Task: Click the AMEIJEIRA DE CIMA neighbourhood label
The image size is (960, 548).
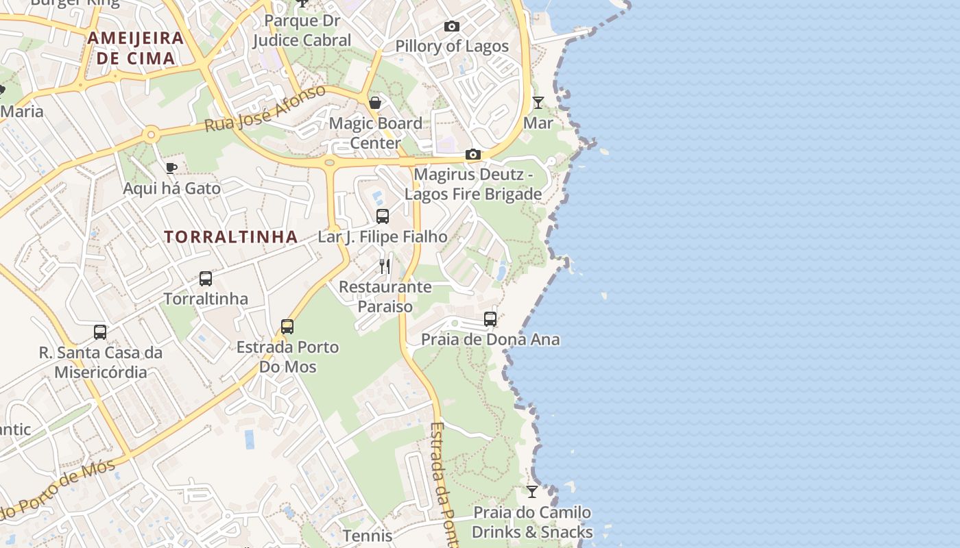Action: pyautogui.click(x=135, y=48)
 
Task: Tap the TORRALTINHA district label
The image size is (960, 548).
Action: pyautogui.click(x=230, y=237)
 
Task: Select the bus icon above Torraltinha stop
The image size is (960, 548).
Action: pyautogui.click(x=206, y=279)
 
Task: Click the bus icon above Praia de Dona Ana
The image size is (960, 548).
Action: pyautogui.click(x=490, y=319)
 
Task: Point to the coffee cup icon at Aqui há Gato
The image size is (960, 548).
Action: pyautogui.click(x=171, y=168)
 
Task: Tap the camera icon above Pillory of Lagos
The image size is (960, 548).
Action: pyautogui.click(x=452, y=27)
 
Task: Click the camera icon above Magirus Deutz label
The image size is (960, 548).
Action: pyautogui.click(x=472, y=155)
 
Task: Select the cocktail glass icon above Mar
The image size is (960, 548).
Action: pyautogui.click(x=538, y=103)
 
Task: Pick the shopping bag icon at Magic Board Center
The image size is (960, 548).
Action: pyautogui.click(x=375, y=103)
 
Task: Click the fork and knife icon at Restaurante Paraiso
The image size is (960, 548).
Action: pyautogui.click(x=385, y=266)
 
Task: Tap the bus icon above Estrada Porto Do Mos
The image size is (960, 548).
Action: pyautogui.click(x=287, y=327)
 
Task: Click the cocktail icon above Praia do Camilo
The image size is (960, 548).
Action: pyautogui.click(x=532, y=492)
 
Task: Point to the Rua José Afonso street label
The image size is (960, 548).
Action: pyautogui.click(x=265, y=110)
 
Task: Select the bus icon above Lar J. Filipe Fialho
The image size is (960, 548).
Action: pyautogui.click(x=383, y=216)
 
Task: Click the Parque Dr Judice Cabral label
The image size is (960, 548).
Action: pyautogui.click(x=302, y=31)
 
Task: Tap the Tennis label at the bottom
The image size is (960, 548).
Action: pyautogui.click(x=368, y=536)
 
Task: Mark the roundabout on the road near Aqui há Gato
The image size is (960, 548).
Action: pyautogui.click(x=151, y=134)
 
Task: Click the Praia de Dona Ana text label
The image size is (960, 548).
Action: pyautogui.click(x=490, y=339)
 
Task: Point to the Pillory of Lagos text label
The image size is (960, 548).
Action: pyautogui.click(x=452, y=46)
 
